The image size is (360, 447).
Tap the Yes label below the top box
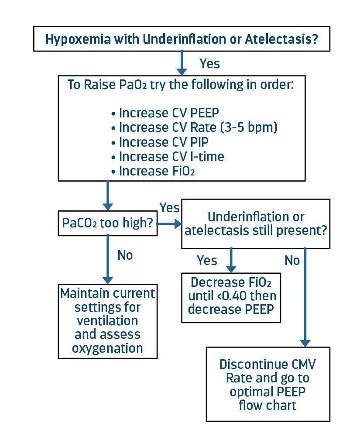(x=209, y=64)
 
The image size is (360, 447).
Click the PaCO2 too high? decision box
(x=108, y=223)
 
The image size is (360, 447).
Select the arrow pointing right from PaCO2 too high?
(x=169, y=223)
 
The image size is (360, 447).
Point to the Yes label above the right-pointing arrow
(x=169, y=208)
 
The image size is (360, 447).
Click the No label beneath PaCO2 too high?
(x=125, y=255)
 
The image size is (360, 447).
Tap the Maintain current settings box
(x=108, y=321)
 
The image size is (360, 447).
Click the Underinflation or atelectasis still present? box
(x=255, y=223)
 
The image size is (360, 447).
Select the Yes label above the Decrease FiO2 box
(x=207, y=261)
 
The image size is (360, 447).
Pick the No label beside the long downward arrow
(x=292, y=261)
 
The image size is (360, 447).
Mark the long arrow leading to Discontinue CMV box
(x=305, y=297)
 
